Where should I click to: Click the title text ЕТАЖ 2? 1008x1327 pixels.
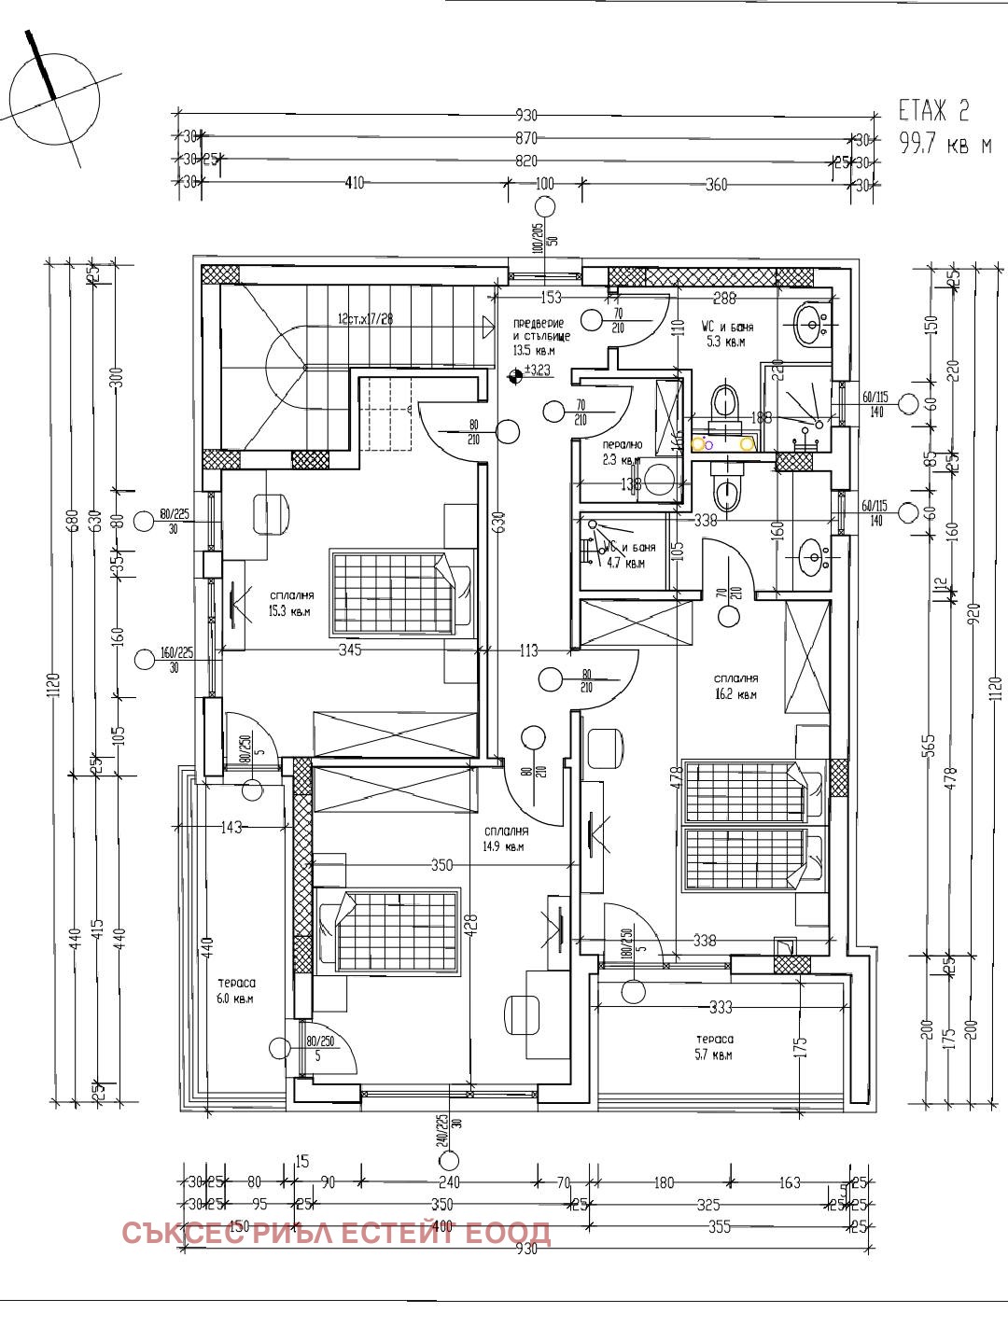(x=933, y=111)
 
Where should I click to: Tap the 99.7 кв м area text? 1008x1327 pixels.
(x=944, y=145)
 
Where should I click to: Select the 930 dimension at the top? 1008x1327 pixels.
(x=526, y=116)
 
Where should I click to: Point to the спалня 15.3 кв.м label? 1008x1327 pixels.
(x=290, y=604)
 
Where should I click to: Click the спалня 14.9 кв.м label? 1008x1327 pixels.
(x=505, y=839)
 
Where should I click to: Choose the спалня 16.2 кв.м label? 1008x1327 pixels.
(x=735, y=687)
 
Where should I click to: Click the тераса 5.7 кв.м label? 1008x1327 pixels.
(x=714, y=1047)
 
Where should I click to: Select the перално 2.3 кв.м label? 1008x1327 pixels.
(x=623, y=453)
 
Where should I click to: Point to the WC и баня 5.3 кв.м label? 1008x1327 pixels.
(x=727, y=334)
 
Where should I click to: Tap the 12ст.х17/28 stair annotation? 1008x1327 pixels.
(x=366, y=319)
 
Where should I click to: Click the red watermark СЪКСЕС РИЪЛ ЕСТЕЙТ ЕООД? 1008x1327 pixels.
(x=336, y=1233)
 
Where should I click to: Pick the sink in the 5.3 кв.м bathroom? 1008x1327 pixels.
(x=811, y=323)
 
